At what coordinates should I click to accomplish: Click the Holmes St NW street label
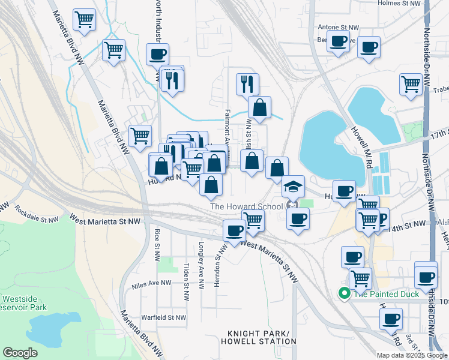pyautogui.click(x=401, y=3)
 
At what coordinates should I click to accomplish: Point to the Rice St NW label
pyautogui.click(x=157, y=238)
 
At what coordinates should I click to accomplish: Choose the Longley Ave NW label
pyautogui.click(x=202, y=256)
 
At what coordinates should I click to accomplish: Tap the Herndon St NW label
pyautogui.click(x=219, y=265)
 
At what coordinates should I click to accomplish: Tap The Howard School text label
pyautogui.click(x=246, y=207)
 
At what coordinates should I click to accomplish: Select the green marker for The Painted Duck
pyautogui.click(x=345, y=293)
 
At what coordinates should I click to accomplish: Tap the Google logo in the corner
pyautogui.click(x=20, y=353)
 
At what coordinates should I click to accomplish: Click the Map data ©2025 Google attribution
pyautogui.click(x=411, y=355)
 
